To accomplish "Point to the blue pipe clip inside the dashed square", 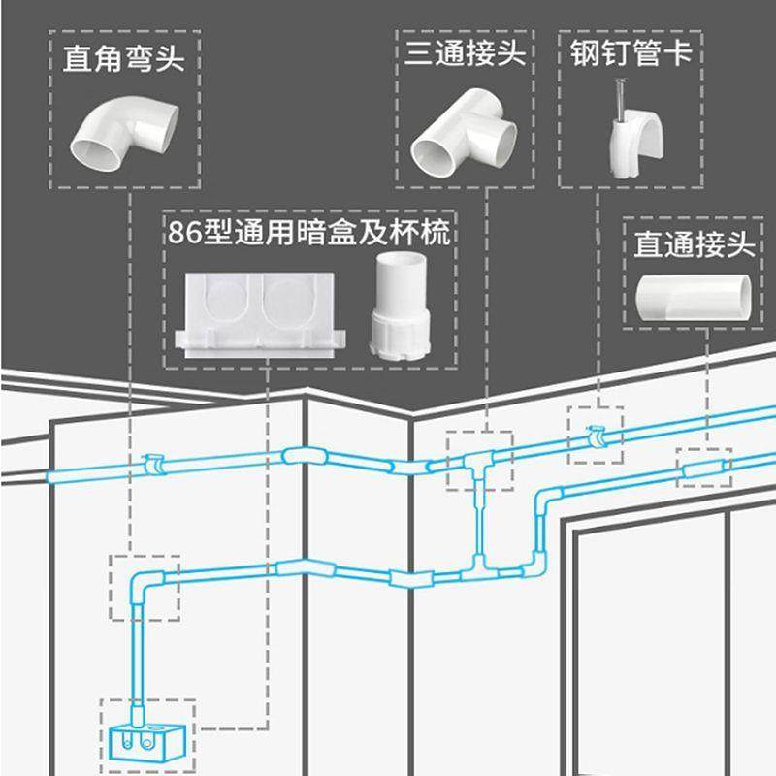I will (x=595, y=436).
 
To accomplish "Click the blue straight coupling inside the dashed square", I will (x=702, y=470).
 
